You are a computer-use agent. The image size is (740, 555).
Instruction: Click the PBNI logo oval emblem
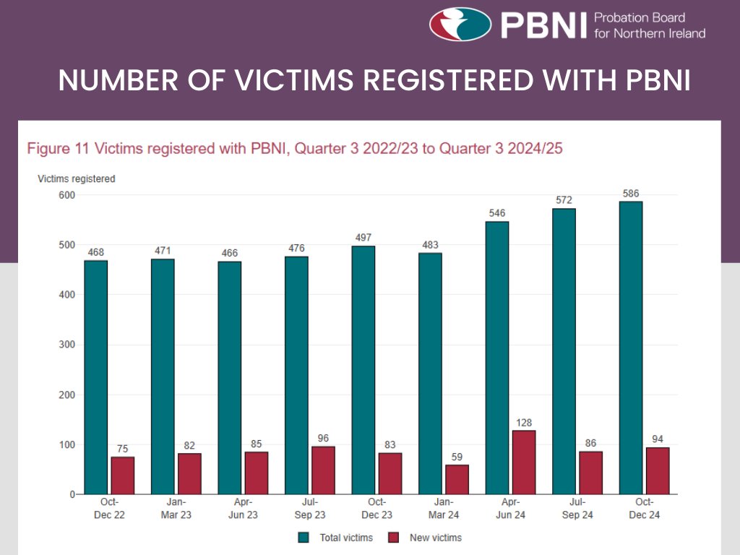tap(460, 24)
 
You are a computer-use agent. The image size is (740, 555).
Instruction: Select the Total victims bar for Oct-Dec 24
tap(630, 348)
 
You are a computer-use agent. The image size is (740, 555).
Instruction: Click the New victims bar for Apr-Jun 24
tap(523, 462)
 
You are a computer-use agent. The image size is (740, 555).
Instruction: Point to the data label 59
tap(457, 457)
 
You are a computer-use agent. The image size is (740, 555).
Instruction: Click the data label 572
tap(564, 200)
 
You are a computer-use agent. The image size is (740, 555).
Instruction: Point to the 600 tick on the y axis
tap(66, 195)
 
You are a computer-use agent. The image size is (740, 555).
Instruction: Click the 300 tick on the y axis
tap(66, 345)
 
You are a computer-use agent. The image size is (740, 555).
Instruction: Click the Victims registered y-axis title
tap(76, 178)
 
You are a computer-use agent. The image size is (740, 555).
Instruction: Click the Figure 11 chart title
tap(294, 149)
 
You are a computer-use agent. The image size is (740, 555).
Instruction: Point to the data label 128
tap(523, 422)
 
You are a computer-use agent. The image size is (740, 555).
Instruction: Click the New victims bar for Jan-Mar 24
tap(457, 479)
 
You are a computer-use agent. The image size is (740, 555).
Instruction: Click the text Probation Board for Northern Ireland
tap(649, 25)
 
